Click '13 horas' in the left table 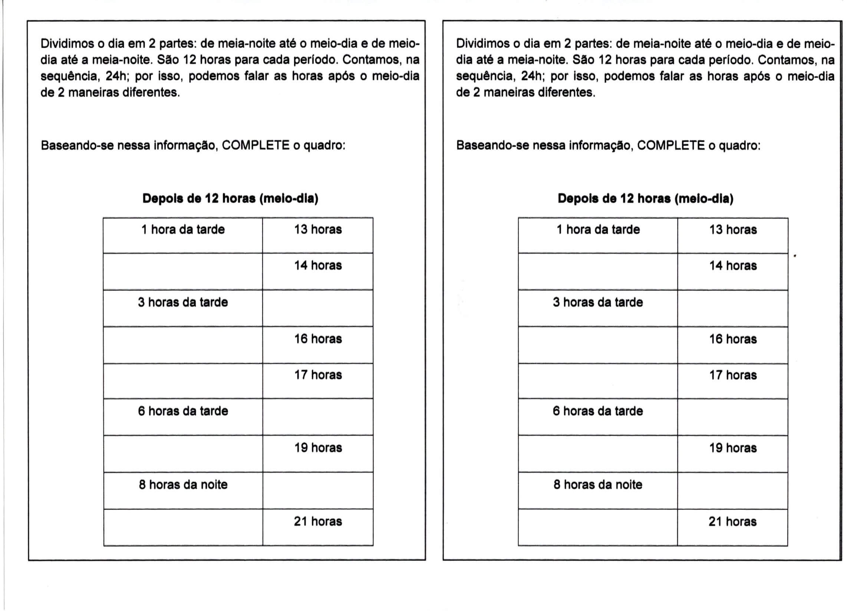click(318, 229)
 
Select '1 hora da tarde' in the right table click(598, 229)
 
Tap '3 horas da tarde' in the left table click(183, 302)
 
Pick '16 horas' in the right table click(733, 339)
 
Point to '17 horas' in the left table click(318, 375)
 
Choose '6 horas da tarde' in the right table click(598, 411)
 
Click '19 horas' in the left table click(318, 448)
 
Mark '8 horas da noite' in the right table click(598, 485)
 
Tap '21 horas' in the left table click(318, 521)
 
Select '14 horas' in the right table click(733, 266)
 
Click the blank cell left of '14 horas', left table click(183, 271)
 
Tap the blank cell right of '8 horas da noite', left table click(318, 490)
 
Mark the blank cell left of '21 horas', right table click(598, 527)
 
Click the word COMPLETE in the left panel click(256, 145)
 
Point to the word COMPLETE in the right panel click(671, 145)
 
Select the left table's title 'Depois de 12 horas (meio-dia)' click(230, 199)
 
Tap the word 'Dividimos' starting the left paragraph click(67, 44)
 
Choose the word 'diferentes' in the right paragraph click(566, 93)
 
